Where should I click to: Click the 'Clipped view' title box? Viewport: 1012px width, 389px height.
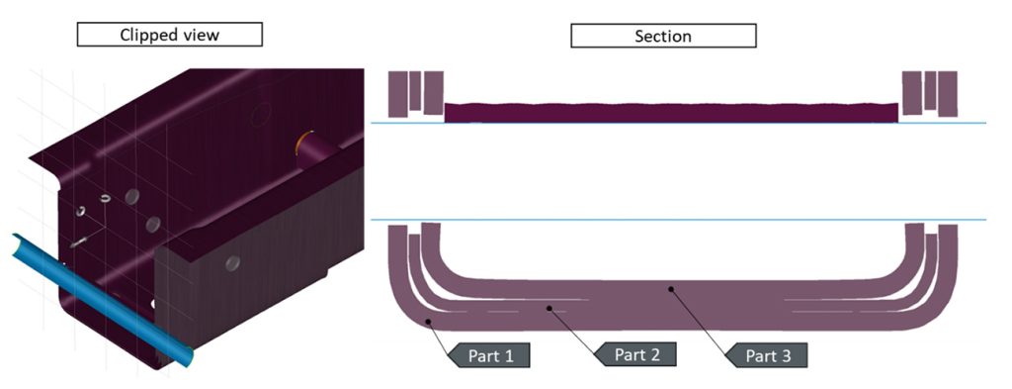coord(169,35)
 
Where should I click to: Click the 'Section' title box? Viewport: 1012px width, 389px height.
coord(662,36)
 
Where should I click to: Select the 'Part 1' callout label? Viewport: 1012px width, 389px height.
coord(487,353)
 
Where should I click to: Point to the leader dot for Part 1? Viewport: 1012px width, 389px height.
coord(428,322)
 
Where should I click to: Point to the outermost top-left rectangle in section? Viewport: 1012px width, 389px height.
coord(398,92)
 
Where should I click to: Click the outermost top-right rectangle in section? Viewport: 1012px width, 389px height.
coord(947,92)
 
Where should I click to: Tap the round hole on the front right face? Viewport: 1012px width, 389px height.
coord(232,262)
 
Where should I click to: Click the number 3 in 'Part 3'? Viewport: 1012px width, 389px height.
coord(791,353)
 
